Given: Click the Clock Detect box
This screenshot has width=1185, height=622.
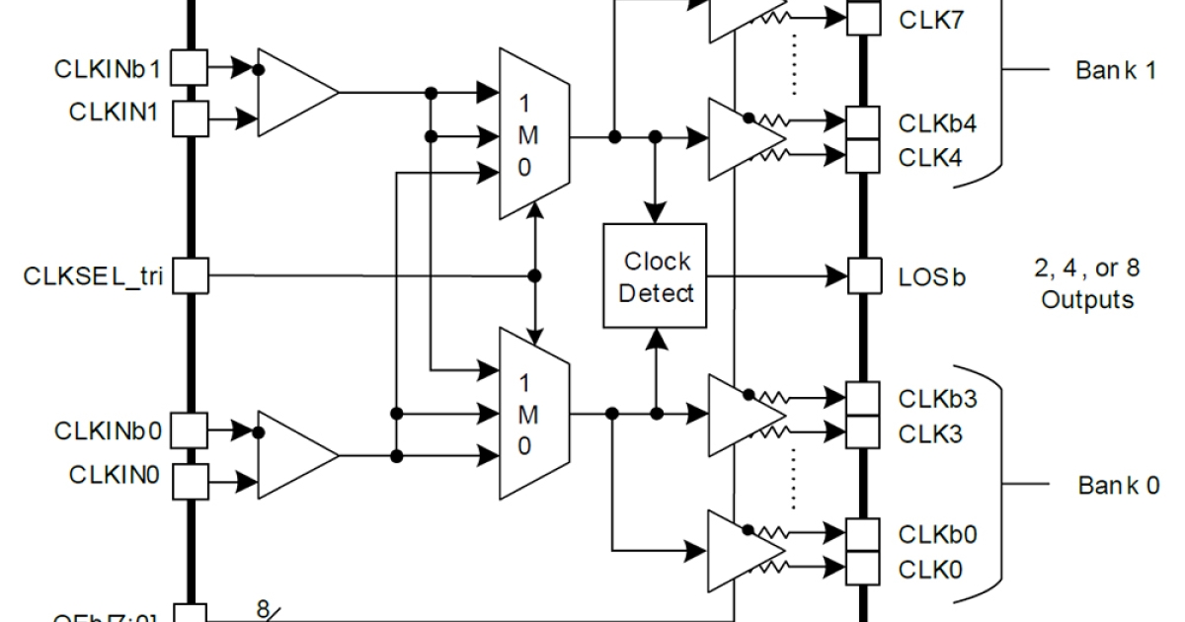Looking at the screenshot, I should tap(656, 276).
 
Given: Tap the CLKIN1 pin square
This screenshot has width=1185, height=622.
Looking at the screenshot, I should tap(190, 119).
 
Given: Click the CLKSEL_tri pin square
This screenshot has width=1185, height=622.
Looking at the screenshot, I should tap(190, 275).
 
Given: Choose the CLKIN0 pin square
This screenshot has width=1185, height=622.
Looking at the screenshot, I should tap(190, 481).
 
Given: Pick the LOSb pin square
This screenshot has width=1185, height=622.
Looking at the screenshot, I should tap(864, 276).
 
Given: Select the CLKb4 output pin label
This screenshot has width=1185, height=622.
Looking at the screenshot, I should tap(937, 124).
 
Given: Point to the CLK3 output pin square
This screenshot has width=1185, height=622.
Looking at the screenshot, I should tap(864, 431).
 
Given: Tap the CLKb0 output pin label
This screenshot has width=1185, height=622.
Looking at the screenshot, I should tap(937, 535).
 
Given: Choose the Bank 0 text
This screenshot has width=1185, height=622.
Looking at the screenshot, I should tap(1118, 486).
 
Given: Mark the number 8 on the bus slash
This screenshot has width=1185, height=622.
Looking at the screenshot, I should tap(263, 609).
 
